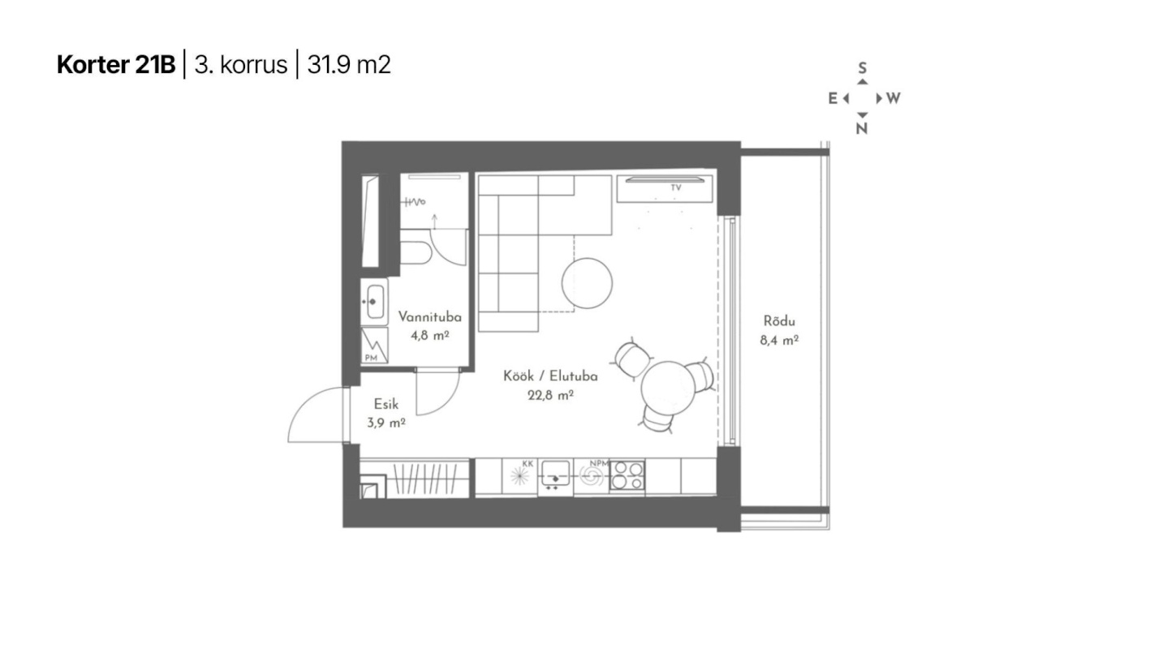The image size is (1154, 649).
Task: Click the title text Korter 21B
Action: [x=116, y=65]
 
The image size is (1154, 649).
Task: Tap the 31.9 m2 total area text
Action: [x=349, y=65]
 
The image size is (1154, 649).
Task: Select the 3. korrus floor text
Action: [x=240, y=65]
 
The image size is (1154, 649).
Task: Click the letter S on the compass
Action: [x=863, y=67]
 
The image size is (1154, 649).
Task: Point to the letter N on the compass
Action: [x=862, y=128]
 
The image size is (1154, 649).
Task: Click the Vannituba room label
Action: [x=429, y=316]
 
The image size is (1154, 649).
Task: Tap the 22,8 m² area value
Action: [x=550, y=395]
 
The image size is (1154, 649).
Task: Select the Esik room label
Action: [x=385, y=404]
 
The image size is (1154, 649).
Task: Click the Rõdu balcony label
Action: [x=779, y=321]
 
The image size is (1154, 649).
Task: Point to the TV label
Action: [x=676, y=187]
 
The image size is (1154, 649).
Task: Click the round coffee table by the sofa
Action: [x=587, y=283]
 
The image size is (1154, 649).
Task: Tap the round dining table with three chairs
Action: [x=668, y=387]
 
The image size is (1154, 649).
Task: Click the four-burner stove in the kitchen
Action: [x=627, y=475]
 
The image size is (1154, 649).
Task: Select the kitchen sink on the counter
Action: [x=555, y=473]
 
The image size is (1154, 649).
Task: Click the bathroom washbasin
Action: [x=375, y=301]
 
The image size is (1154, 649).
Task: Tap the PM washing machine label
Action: [x=371, y=358]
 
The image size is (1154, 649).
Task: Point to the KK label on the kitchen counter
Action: [x=527, y=463]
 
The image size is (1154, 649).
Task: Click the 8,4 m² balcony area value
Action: [x=779, y=340]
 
